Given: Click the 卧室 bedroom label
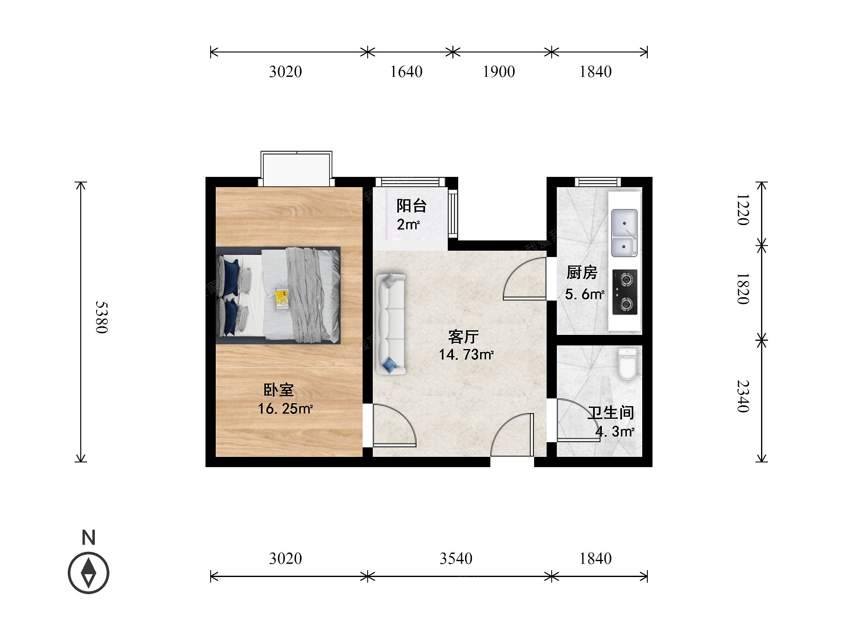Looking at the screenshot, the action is coord(278,390).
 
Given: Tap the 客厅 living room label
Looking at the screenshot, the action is coord(463,337).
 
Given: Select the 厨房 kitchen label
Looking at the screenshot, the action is coord(582,273).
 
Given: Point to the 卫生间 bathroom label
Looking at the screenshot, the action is coord(611,413).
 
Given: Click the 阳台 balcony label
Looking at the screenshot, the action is coord(411,206).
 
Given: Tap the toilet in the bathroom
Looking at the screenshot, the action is coord(628,364).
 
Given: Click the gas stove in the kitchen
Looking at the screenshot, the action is coord(625,292).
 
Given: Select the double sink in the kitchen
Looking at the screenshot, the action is coord(624,233).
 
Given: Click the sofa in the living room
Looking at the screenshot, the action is coord(391,324).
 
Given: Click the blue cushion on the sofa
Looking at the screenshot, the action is coord(390,365).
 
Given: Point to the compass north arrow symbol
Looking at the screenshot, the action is coord(88,573).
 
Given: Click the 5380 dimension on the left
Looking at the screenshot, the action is coord(101,317).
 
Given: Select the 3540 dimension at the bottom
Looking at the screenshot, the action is coord(456,558).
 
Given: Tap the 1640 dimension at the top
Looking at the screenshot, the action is coord(406,71).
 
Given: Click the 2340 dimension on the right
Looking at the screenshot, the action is coord(743,396).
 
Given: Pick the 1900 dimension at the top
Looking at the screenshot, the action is coord(498,71).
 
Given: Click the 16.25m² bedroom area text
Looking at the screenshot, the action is coord(285,409).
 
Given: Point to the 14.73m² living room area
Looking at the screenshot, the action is coord(466,355).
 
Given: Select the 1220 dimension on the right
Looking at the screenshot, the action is coord(743,210).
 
